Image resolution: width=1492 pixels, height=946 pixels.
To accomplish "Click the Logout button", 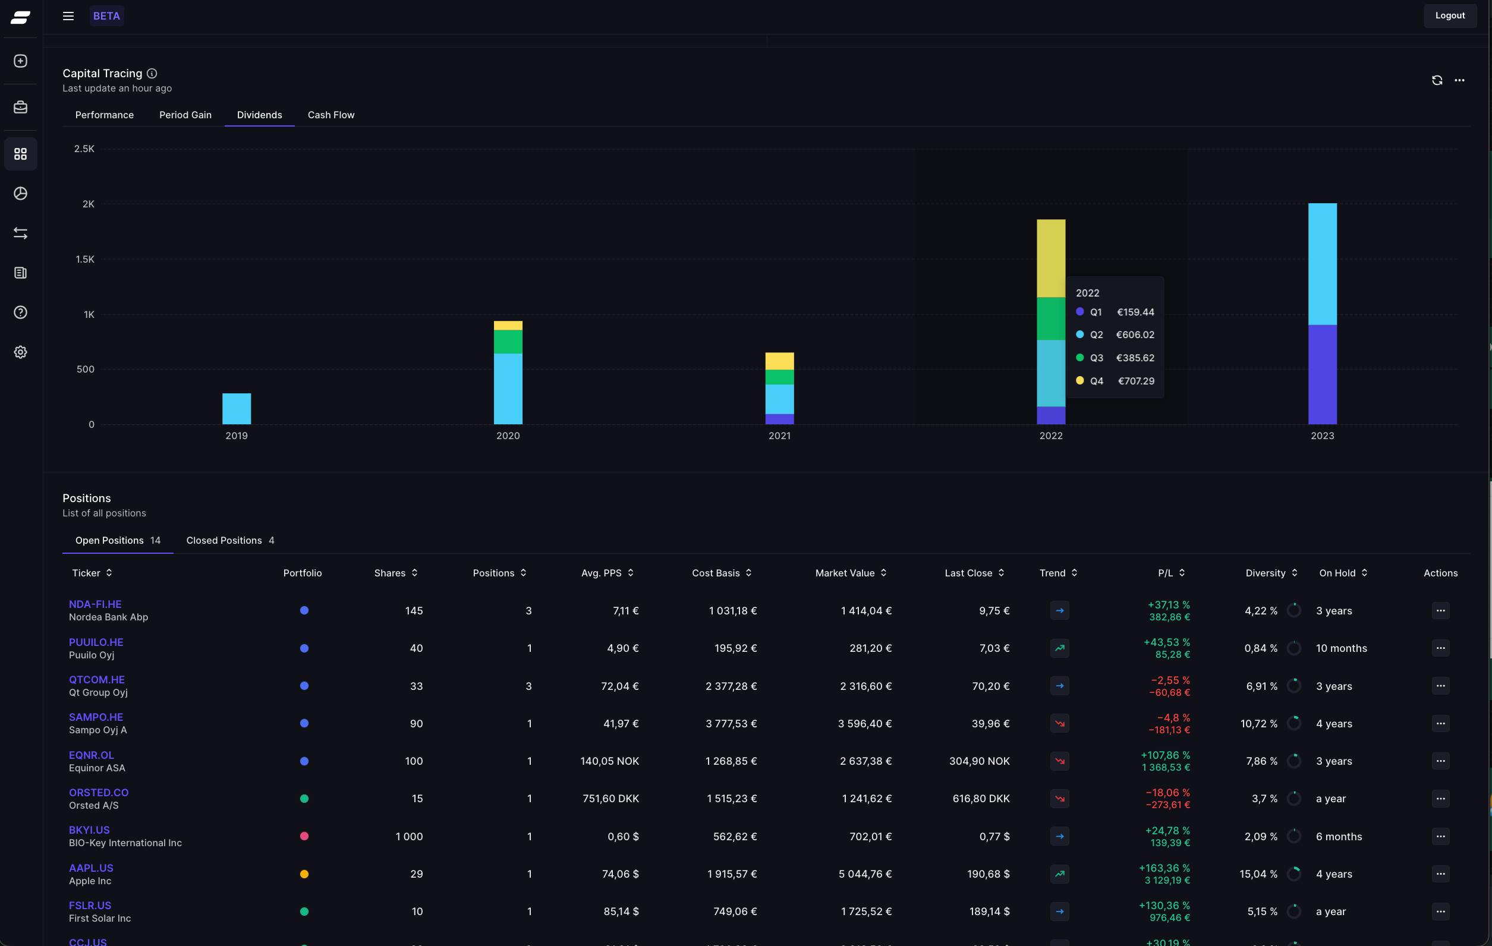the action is [x=1450, y=15].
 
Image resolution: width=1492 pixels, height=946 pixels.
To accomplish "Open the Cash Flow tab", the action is [x=331, y=115].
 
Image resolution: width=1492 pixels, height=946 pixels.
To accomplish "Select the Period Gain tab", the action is [x=185, y=115].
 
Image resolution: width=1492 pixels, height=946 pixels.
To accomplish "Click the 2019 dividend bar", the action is [x=237, y=409].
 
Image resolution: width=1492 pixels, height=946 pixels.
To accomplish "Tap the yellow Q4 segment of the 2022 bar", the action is [x=1051, y=258].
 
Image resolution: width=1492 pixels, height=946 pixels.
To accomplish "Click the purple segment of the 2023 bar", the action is [x=1322, y=374].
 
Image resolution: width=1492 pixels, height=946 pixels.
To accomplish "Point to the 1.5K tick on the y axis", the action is [x=85, y=259].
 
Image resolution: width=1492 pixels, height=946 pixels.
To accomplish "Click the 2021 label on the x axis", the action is [x=779, y=436].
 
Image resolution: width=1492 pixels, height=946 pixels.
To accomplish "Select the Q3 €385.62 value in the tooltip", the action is [x=1135, y=358].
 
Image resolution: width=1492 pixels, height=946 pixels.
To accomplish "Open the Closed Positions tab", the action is [x=230, y=540].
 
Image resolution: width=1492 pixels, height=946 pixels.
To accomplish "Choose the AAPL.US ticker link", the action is [x=91, y=868].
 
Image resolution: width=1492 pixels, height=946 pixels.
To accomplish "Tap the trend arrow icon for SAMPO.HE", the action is [x=1059, y=723].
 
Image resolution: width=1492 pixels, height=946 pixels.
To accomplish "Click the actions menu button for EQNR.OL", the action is [x=1440, y=761].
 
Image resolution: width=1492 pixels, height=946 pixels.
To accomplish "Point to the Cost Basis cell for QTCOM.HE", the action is [x=731, y=686].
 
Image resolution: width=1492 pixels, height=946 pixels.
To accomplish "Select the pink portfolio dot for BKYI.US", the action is [x=304, y=835].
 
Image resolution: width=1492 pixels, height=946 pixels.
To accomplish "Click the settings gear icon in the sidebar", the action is [x=20, y=352].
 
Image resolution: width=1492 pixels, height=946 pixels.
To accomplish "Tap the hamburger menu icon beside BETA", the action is [x=68, y=16].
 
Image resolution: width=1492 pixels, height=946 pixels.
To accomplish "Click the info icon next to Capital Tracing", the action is [x=152, y=73].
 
